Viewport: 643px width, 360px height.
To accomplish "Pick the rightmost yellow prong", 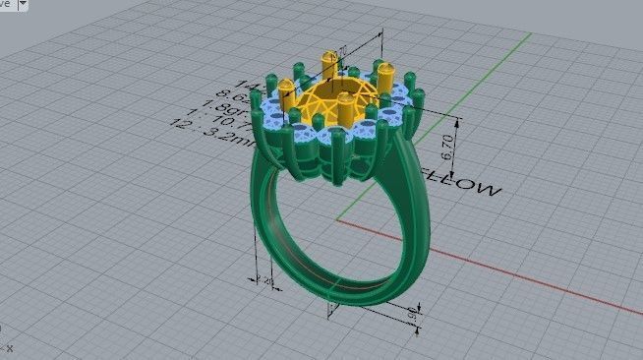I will (386, 84).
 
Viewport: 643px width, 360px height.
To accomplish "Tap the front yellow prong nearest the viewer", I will (346, 110).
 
